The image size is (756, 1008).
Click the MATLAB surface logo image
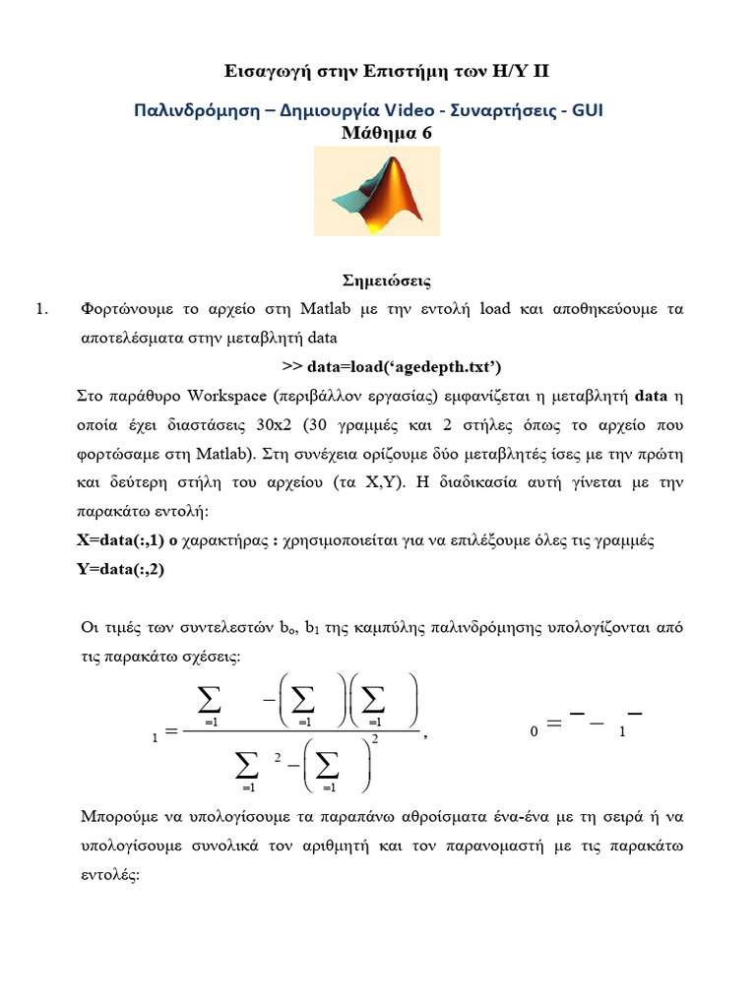click(x=377, y=191)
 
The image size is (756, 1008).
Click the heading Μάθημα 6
click(x=377, y=134)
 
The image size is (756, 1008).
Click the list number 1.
click(x=41, y=310)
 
